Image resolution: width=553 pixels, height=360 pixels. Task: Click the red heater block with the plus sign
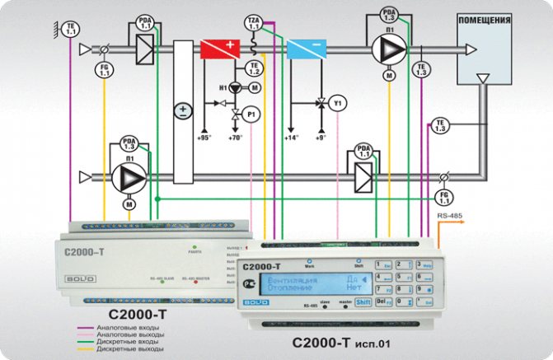pyautogui.click(x=220, y=48)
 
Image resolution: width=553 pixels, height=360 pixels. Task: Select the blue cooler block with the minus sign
pyautogui.click(x=307, y=48)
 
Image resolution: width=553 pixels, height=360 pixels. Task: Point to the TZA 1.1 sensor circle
pyautogui.click(x=253, y=22)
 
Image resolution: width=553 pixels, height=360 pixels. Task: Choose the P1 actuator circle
pyautogui.click(x=254, y=112)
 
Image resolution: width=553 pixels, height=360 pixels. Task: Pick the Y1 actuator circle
pyautogui.click(x=336, y=105)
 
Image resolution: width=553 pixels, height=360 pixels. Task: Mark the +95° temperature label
pyautogui.click(x=204, y=137)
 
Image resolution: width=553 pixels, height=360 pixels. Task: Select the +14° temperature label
pyautogui.click(x=291, y=137)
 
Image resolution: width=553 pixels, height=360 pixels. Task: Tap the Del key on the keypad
pyautogui.click(x=382, y=302)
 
